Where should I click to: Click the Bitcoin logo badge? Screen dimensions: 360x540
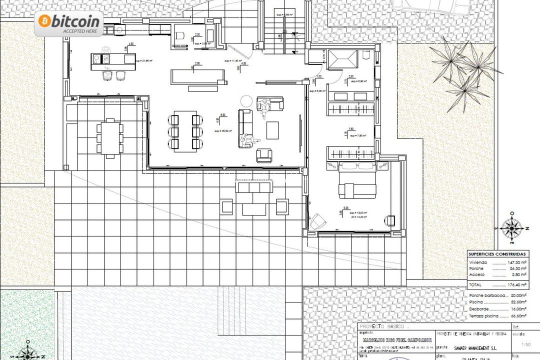(x=69, y=23)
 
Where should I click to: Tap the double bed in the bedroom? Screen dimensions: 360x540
(x=357, y=183)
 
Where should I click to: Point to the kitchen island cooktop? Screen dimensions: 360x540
(x=106, y=59)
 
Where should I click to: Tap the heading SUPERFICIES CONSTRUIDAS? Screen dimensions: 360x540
(x=496, y=254)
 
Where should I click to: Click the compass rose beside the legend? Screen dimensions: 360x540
(x=512, y=228)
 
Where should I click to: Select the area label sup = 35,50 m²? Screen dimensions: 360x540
(x=224, y=131)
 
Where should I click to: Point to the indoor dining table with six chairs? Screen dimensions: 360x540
(x=184, y=131)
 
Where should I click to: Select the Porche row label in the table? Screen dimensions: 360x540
(x=476, y=268)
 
